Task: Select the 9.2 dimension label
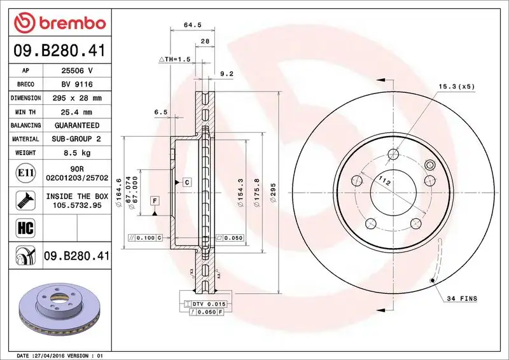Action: pos(227,74)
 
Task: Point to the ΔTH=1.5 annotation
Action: pos(175,59)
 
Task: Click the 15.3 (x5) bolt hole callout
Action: pos(456,86)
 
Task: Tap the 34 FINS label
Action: pos(461,298)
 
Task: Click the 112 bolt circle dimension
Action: pos(384,181)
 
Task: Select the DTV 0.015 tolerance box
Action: pos(207,305)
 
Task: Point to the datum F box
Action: pos(155,201)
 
